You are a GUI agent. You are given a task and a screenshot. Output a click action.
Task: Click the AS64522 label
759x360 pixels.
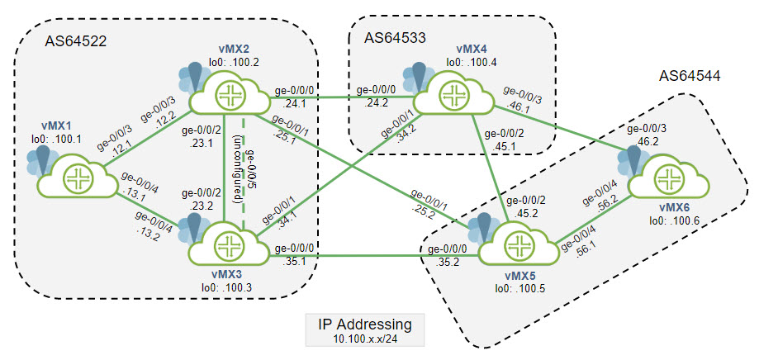pyautogui.click(x=75, y=41)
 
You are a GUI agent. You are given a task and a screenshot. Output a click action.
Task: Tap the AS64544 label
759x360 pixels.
pyautogui.click(x=689, y=76)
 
